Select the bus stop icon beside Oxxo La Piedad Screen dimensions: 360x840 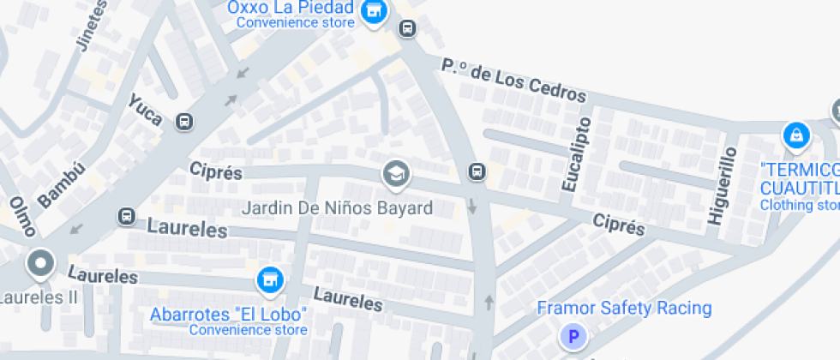[x=407, y=28]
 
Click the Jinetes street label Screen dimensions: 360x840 [x=94, y=24]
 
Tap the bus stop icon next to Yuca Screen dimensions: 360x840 [x=183, y=122]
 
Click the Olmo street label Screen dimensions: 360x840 [x=22, y=216]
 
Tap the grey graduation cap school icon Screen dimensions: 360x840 [x=395, y=175]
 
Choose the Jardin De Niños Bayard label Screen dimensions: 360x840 [x=337, y=207]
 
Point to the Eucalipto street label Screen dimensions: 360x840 [x=576, y=155]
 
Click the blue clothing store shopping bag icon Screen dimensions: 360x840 [x=796, y=135]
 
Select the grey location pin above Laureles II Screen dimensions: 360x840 [x=40, y=264]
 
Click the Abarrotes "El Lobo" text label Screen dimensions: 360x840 [x=228, y=314]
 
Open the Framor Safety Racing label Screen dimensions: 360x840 [x=624, y=308]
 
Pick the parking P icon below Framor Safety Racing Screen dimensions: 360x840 [x=573, y=336]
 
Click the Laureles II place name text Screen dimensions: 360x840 [x=38, y=298]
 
